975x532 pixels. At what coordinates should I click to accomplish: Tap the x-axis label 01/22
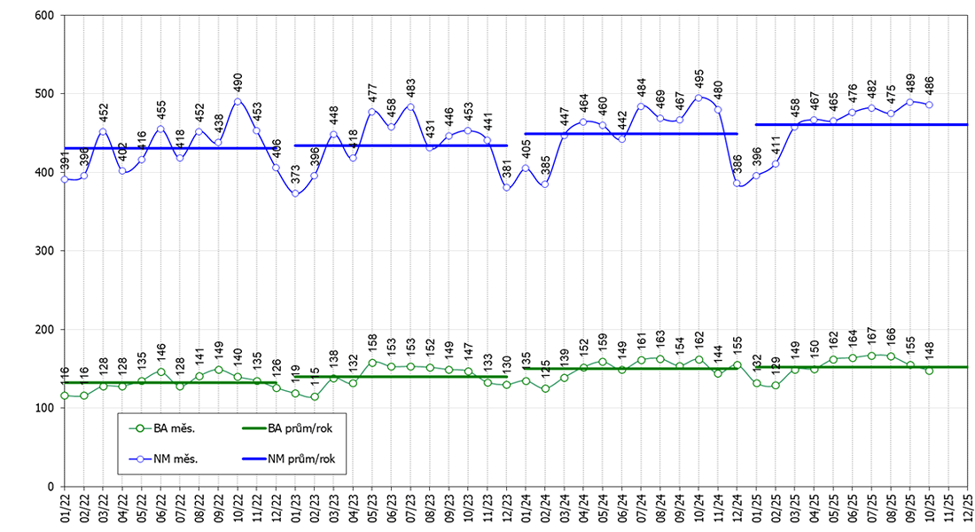coord(65,509)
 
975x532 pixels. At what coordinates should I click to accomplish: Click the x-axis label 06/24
coord(622,509)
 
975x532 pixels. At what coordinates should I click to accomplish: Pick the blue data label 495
coord(699,79)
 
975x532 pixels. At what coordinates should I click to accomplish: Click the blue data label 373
coord(296,175)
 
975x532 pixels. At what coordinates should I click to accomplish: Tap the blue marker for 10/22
coord(238,101)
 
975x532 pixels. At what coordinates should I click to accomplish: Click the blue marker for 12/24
coord(737,184)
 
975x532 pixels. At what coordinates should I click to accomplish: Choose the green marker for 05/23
coord(372,362)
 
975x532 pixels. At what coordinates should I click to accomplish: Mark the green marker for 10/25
coord(929,371)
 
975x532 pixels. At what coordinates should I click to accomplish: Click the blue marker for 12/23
coord(507,187)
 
